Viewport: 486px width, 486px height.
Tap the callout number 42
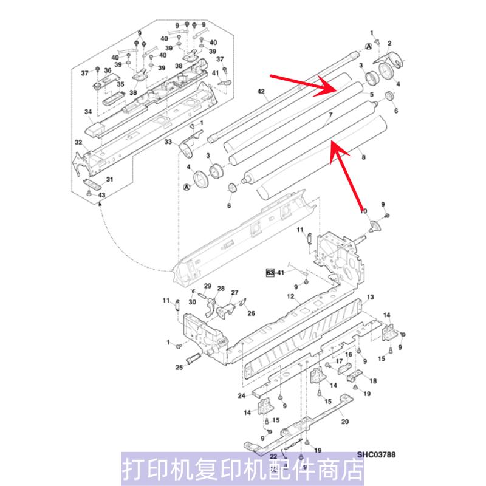261,92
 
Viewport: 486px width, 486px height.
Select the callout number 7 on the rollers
330,115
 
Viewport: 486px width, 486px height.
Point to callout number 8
364,157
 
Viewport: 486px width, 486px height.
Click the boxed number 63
270,273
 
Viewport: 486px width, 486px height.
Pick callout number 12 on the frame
290,297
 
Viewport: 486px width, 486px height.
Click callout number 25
180,367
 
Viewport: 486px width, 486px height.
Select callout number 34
88,112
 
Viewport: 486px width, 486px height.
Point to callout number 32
78,142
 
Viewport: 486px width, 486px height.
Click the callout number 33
168,142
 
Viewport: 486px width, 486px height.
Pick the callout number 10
364,211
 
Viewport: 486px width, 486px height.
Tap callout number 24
241,396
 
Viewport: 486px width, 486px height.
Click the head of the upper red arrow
336,89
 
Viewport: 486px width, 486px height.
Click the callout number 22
273,456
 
